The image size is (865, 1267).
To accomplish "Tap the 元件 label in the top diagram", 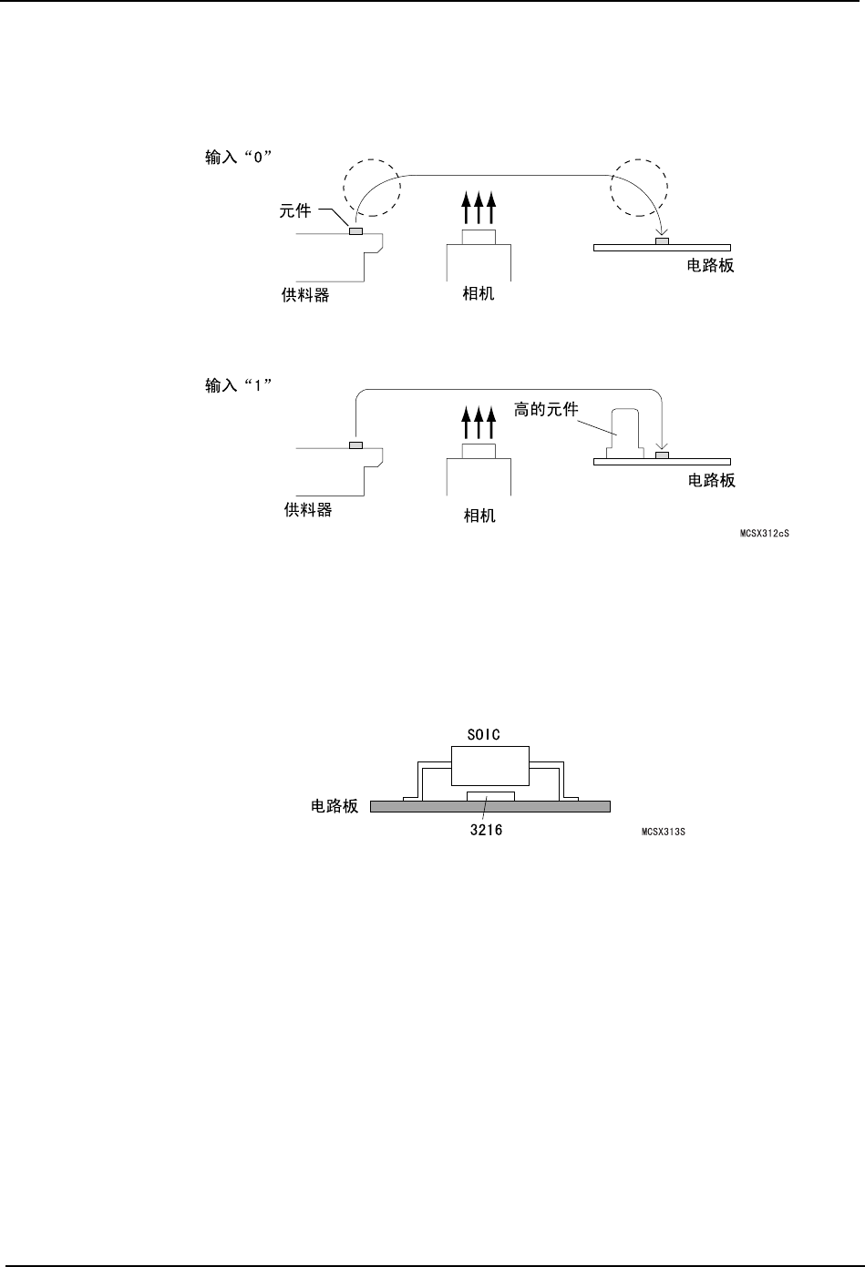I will point(294,211).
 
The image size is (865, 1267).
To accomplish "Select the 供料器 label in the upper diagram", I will point(305,295).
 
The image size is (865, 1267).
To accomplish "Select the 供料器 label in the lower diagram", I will point(308,509).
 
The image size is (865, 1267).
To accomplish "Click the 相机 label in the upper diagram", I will point(479,295).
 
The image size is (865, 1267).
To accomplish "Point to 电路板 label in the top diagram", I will point(710,266).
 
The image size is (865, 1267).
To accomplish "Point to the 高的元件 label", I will point(546,410).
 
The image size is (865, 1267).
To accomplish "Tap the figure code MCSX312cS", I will point(764,533).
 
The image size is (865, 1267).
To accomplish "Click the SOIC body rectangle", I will point(490,764).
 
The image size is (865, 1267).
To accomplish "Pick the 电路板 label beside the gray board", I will point(335,806).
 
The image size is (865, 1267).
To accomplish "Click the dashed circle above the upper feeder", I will point(370,189).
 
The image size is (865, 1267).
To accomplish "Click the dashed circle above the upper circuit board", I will point(640,189).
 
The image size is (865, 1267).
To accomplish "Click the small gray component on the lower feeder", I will point(355,445).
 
